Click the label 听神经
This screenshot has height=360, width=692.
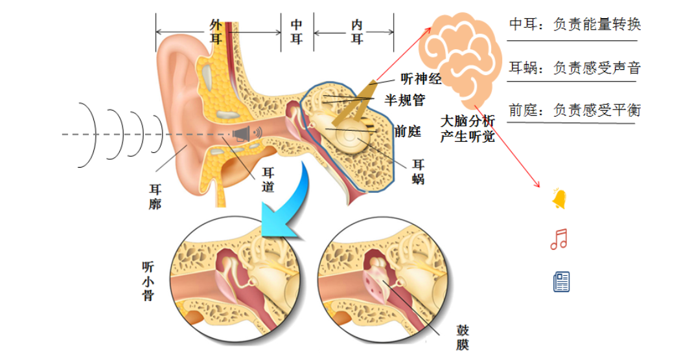pyautogui.click(x=421, y=80)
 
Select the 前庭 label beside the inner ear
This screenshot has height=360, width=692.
pyautogui.click(x=408, y=132)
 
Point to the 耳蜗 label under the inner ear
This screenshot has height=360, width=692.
pyautogui.click(x=418, y=172)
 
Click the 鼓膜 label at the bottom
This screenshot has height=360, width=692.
pyautogui.click(x=461, y=337)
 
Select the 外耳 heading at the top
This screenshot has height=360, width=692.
pyautogui.click(x=216, y=30)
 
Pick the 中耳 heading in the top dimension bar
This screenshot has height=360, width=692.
pyautogui.click(x=297, y=30)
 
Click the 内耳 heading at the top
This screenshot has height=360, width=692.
pyautogui.click(x=357, y=30)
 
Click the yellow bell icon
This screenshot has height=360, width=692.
pyautogui.click(x=559, y=199)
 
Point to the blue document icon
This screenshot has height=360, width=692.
pyautogui.click(x=561, y=282)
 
